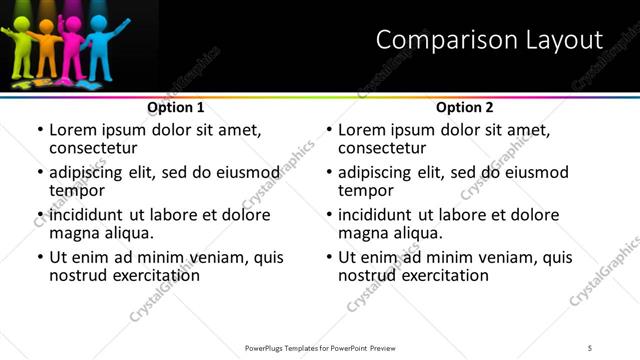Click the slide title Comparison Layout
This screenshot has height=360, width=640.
coord(489,40)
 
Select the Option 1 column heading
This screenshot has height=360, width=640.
coord(176,107)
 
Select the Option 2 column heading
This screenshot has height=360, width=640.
coord(465,107)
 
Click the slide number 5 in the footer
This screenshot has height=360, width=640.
coord(590,348)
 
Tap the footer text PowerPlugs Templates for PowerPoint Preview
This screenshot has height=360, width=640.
coord(319,348)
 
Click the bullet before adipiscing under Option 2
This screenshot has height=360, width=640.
coord(329,173)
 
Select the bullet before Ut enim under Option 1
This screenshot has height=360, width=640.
coord(40,257)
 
